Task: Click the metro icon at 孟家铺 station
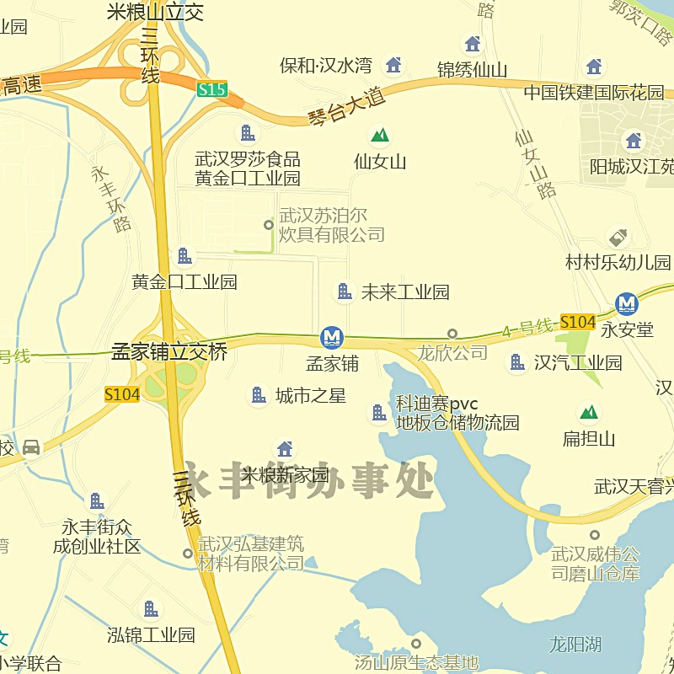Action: point(332,338)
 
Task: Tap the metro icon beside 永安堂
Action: point(626,303)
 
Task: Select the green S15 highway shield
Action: point(212,88)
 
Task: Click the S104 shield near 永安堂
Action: point(577,322)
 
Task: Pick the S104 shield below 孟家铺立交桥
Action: point(122,394)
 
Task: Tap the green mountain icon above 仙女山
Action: point(380,135)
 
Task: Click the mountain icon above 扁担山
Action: point(589,412)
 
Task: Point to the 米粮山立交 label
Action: point(156,12)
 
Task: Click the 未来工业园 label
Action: point(405,292)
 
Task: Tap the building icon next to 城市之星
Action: point(259,394)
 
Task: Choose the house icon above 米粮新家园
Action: point(285,449)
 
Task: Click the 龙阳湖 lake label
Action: point(575,645)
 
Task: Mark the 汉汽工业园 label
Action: point(578,363)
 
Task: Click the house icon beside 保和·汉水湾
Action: point(393,64)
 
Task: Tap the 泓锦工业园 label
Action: point(152,634)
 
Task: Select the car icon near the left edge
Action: point(31,447)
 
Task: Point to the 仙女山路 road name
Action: point(536,163)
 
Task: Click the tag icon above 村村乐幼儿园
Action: point(618,238)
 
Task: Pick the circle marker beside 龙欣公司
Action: point(452,334)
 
